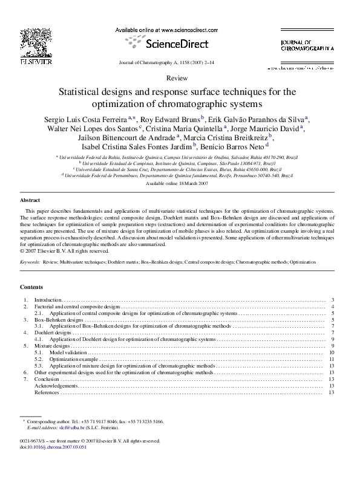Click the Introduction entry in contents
click(48, 300)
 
